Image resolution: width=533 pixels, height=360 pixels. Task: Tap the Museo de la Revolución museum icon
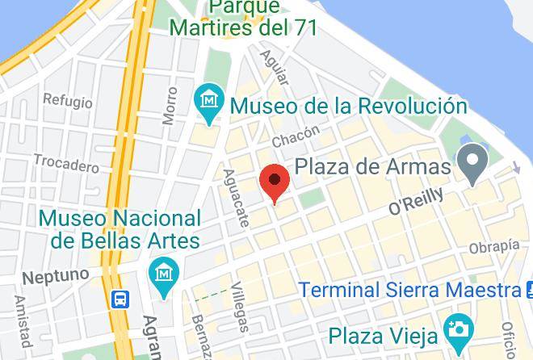coord(210,103)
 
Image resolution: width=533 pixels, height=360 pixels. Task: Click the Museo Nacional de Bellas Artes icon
coord(164,277)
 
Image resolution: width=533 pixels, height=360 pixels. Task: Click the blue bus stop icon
coord(120,299)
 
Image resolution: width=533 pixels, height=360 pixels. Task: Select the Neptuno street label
coord(55,276)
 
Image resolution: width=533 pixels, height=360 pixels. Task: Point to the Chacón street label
coord(296,136)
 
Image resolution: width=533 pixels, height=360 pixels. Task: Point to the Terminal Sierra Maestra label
coord(409,290)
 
